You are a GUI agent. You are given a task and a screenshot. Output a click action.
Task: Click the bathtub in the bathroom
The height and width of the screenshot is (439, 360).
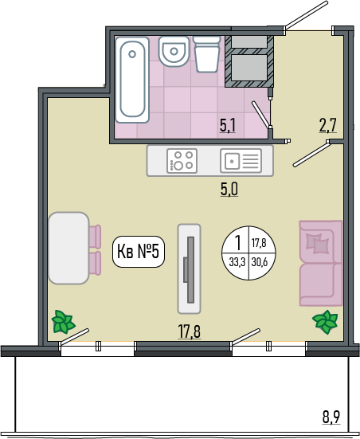coord(132,80)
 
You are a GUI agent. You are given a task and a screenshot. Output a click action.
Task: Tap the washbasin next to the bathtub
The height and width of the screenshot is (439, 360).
coord(174,52)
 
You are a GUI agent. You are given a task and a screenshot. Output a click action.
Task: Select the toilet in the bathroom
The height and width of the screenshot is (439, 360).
coord(207,54)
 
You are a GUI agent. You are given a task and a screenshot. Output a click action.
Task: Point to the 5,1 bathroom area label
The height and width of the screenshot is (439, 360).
coord(228,125)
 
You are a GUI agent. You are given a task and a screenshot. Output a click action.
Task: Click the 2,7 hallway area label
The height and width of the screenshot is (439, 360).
coord(328,125)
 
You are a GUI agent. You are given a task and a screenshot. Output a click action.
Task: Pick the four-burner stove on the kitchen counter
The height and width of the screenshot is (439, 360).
coord(182,161)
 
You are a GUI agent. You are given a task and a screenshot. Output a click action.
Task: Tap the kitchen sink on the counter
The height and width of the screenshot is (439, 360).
coord(241,161)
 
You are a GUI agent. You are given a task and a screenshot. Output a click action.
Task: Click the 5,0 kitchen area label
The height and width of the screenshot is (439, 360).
coord(229,190)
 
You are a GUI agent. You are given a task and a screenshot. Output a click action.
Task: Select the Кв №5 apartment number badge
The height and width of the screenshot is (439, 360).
coord(139,252)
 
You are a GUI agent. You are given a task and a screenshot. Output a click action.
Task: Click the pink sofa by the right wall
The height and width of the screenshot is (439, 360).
coord(321,263)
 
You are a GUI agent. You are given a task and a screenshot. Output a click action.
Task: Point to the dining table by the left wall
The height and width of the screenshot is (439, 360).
coord(68,248)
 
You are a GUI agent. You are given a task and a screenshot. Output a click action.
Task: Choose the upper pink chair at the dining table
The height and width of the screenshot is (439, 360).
coord(95,237)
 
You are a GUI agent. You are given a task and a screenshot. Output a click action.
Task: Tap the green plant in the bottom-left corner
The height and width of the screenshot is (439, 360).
coord(63,321)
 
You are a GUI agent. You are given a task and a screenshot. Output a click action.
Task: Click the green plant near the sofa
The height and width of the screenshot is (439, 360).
coord(325,322)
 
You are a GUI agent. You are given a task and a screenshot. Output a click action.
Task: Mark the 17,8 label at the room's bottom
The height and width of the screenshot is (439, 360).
coord(190,331)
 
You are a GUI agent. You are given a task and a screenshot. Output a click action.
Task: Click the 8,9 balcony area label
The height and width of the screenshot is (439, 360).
coord(331,417)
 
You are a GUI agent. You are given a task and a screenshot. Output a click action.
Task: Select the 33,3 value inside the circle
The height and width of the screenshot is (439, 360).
coord(237,262)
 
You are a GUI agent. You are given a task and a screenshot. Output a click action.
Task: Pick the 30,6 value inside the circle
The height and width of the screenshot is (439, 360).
coord(260,262)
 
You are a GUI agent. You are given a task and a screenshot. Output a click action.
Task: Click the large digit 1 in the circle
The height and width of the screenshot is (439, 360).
coord(238,242)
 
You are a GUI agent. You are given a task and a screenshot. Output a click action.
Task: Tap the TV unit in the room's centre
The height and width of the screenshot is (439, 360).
coord(190,268)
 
